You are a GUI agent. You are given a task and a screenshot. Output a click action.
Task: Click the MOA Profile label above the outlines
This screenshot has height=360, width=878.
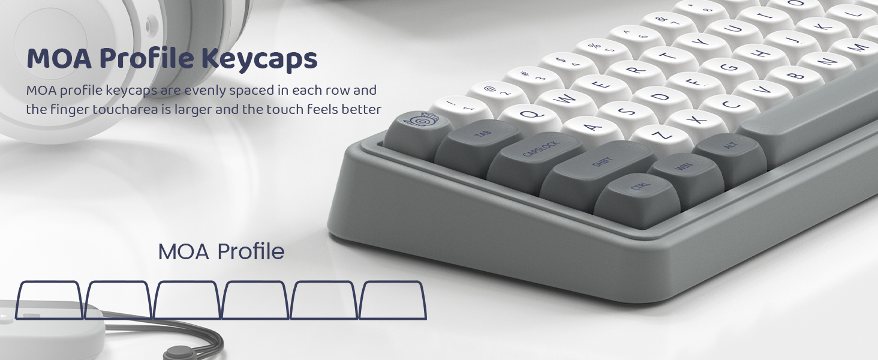pos(221,252)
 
